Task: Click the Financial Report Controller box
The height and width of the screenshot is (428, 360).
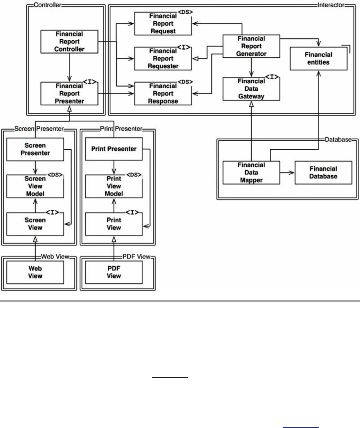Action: [69, 42]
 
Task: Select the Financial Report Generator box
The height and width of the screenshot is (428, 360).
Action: [251, 46]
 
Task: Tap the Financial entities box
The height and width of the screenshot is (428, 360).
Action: [318, 59]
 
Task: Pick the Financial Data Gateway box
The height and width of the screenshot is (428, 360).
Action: [251, 89]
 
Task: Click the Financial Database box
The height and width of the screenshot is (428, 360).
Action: [323, 173]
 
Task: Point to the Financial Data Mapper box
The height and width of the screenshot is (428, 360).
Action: [251, 173]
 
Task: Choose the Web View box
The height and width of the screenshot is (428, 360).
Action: [35, 272]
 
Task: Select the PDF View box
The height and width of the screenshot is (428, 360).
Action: [114, 272]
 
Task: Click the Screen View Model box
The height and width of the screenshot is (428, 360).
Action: [35, 186]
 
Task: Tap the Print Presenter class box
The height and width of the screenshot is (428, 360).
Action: [114, 149]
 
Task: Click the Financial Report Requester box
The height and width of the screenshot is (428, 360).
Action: [163, 59]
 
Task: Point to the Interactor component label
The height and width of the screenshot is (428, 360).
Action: [331, 5]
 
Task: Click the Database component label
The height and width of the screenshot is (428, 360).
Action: [338, 139]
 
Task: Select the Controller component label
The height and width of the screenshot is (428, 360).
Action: [47, 5]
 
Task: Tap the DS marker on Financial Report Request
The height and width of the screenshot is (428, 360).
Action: [185, 12]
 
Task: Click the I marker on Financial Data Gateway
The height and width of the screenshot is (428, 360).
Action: [272, 77]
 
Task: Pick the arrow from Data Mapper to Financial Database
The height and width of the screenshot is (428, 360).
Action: [287, 173]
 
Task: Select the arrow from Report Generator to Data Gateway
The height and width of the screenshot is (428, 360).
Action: [251, 67]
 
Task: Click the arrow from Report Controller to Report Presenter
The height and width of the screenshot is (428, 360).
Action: [69, 68]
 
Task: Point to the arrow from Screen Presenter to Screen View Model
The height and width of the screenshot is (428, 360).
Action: [35, 168]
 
